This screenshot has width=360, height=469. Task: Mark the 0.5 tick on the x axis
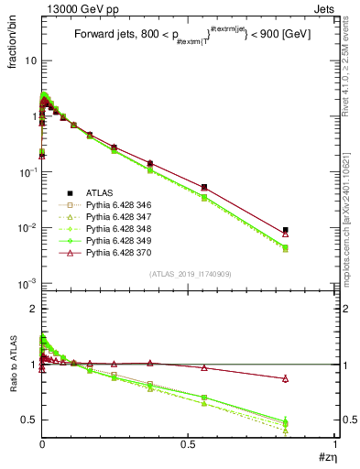188,445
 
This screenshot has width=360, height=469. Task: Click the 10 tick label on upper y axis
29,60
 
